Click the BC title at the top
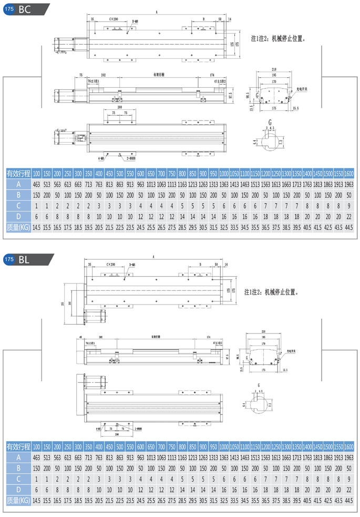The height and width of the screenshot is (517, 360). [24, 8]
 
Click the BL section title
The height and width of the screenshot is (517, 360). [24, 259]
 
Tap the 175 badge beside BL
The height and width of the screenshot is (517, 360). [9, 259]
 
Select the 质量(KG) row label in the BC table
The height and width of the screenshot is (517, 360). [18, 227]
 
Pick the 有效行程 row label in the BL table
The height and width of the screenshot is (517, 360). [18, 447]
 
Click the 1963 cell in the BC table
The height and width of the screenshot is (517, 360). [348, 184]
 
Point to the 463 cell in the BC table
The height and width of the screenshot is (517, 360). [36, 184]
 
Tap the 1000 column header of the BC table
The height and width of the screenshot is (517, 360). [224, 174]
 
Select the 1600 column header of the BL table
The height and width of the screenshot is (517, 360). [348, 447]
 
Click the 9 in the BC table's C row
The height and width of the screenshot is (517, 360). [348, 206]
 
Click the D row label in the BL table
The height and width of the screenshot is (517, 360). [18, 490]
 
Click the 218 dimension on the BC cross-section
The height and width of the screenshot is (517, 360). [273, 69]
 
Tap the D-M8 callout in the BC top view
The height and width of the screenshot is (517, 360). [135, 22]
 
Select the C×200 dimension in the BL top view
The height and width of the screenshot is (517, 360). [111, 265]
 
